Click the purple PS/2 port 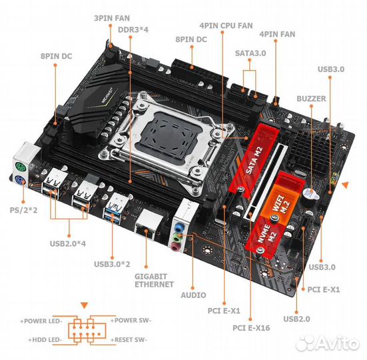pos(20,181)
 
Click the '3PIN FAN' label pos(112,18)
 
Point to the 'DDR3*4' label pos(133,30)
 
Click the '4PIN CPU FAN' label pos(226,25)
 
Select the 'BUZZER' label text pos(311,99)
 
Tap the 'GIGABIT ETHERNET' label pos(154,281)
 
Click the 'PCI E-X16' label pos(251,328)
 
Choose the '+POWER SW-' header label pos(131,320)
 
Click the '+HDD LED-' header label pos(45,339)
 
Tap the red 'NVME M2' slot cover pos(267,235)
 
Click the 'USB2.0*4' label pos(68,243)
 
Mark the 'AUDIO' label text pos(193,295)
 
